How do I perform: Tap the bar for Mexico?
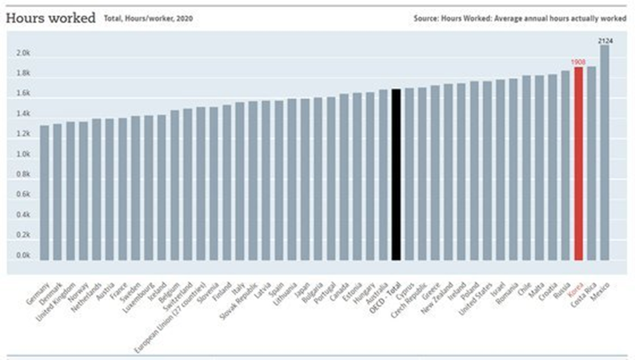pos(605,152)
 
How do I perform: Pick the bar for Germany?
pos(45,192)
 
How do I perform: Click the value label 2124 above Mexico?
pos(605,39)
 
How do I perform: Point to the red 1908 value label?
pos(578,62)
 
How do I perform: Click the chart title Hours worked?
pos(50,17)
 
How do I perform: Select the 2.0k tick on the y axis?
pos(23,53)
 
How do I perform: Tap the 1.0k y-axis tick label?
pos(23,154)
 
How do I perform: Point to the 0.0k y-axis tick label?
pos(23,256)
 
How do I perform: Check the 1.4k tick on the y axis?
pos(23,114)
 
